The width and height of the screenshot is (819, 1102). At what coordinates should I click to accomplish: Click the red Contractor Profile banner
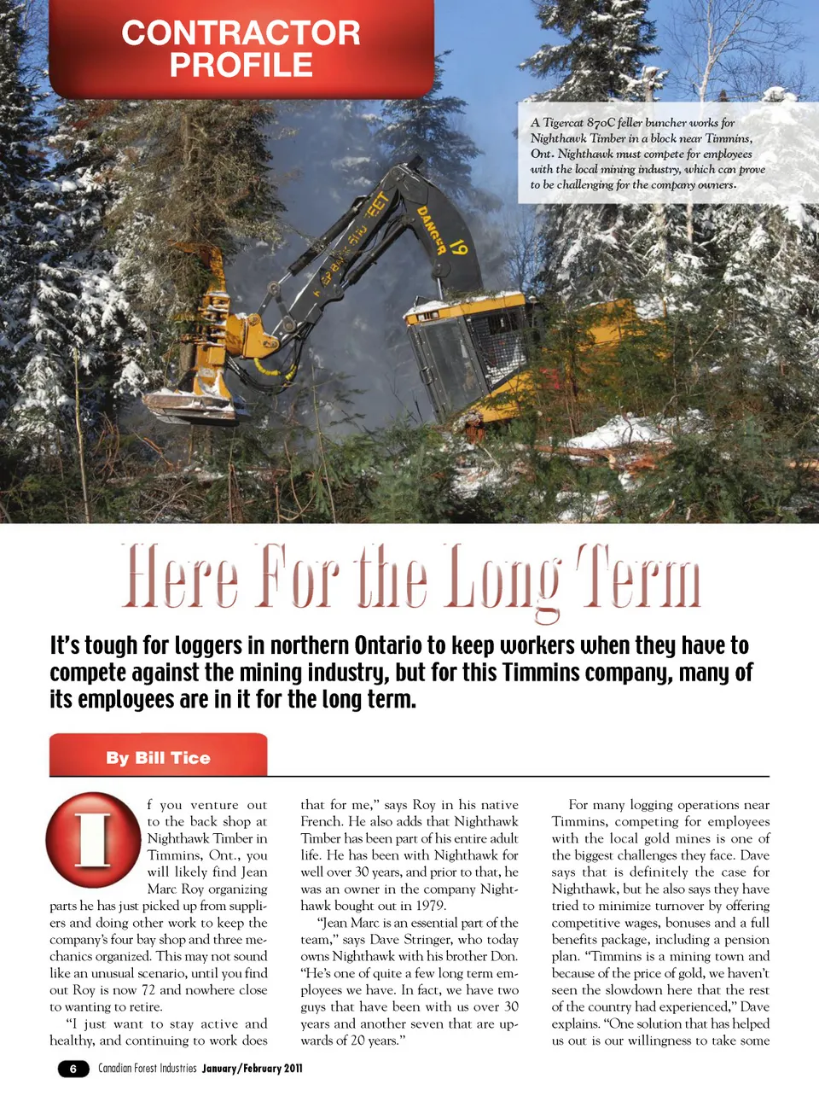pos(241,49)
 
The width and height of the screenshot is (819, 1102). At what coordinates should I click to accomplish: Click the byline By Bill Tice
pos(158,758)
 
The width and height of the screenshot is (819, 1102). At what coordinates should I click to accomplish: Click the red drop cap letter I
pos(93,840)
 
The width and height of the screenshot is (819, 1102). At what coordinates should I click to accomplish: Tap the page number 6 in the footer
pos(73,1069)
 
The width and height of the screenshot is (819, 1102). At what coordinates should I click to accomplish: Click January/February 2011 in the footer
pos(252,1069)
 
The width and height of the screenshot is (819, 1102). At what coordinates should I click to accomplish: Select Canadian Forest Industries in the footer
pos(147,1069)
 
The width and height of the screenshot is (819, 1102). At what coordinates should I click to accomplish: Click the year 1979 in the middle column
pos(427,906)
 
